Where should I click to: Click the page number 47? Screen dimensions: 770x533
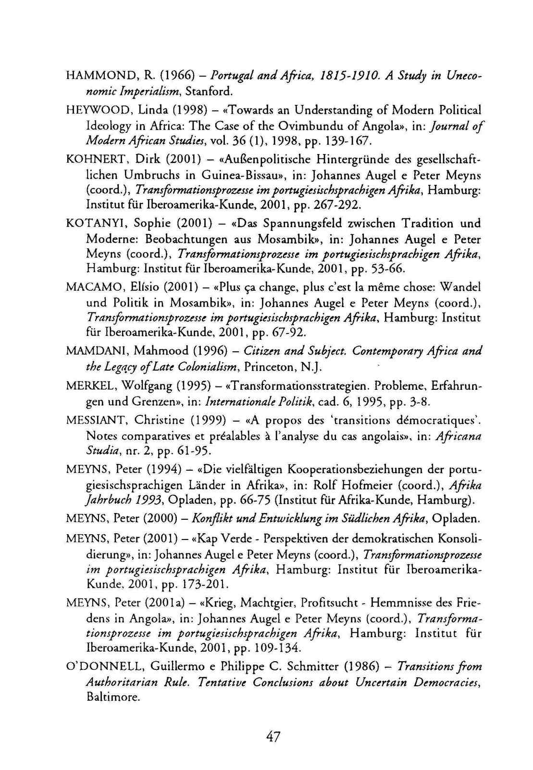click(x=273, y=736)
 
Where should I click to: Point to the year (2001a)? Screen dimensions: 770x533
click(x=161, y=602)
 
